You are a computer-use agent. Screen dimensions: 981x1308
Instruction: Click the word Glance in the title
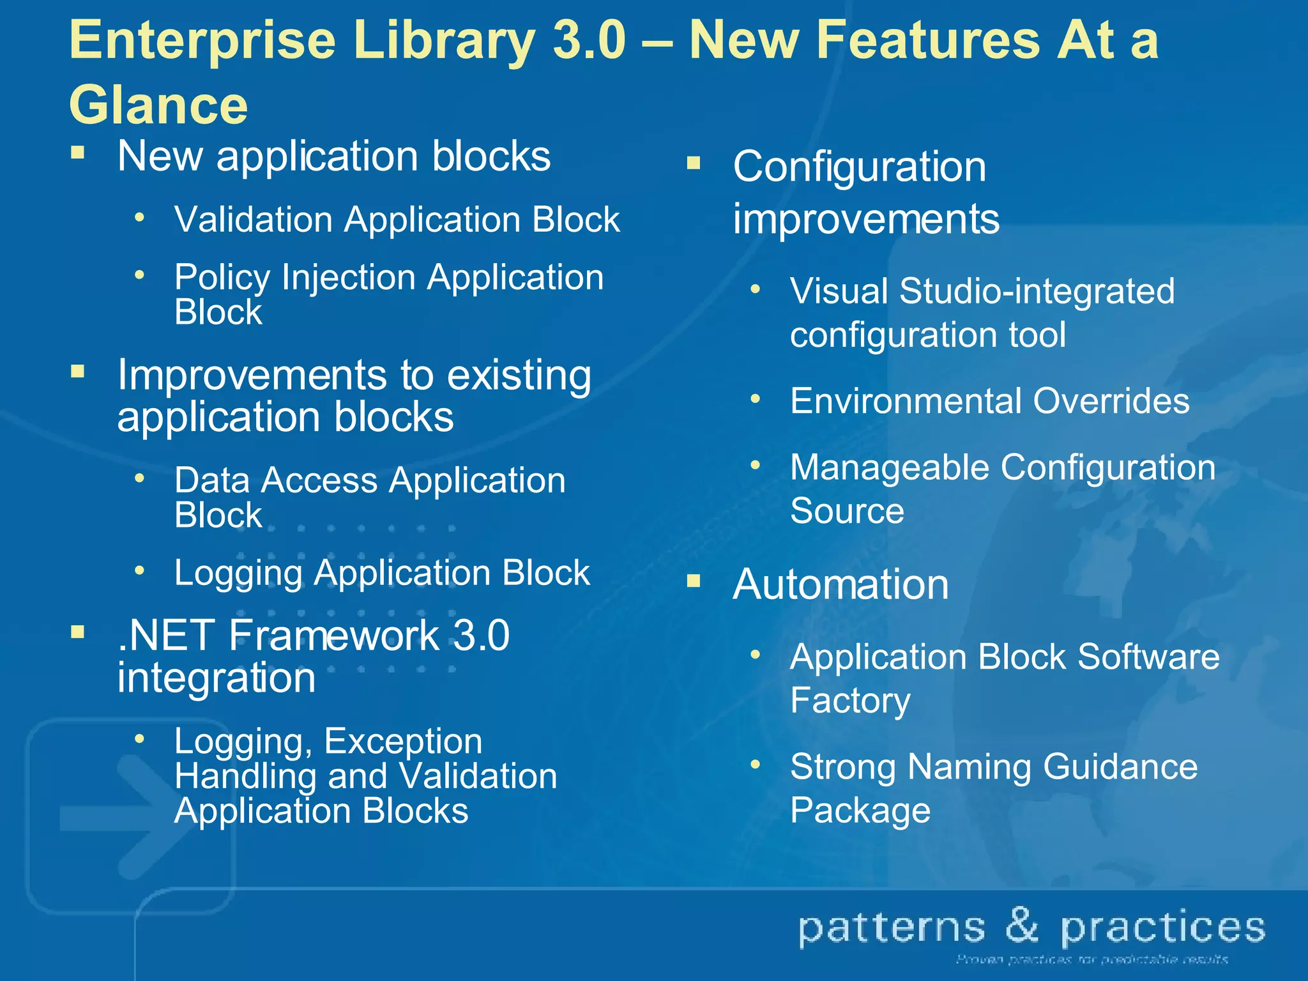[x=158, y=105]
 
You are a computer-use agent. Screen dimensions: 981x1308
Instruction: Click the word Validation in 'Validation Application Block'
[x=254, y=220]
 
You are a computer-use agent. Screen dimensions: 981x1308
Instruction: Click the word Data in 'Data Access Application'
[x=212, y=480]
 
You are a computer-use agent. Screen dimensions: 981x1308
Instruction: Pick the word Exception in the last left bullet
[x=403, y=741]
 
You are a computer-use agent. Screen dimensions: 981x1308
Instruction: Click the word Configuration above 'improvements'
[x=859, y=167]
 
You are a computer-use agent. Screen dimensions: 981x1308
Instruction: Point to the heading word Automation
[x=840, y=584]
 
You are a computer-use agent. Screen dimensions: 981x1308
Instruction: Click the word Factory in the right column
[x=850, y=701]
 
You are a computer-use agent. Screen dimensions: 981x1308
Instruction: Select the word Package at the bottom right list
[x=860, y=810]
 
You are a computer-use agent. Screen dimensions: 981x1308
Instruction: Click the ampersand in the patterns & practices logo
[x=1023, y=925]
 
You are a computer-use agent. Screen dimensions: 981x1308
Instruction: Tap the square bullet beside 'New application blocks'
[x=78, y=152]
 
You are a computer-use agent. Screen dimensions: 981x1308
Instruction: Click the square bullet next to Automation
[x=694, y=581]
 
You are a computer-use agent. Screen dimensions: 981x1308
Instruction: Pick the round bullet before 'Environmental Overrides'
[x=756, y=399]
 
